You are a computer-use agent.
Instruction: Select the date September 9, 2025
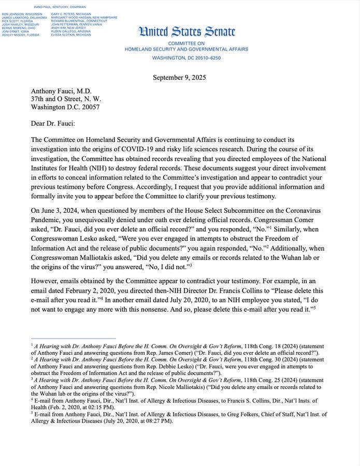click(x=179, y=78)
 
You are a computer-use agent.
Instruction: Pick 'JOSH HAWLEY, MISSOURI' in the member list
click(x=20, y=24)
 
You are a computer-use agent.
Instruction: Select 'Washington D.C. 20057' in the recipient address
click(x=65, y=107)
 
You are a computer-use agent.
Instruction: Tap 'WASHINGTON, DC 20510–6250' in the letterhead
click(x=186, y=58)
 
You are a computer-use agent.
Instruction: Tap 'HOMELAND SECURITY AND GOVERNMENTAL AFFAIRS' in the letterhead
click(x=186, y=49)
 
